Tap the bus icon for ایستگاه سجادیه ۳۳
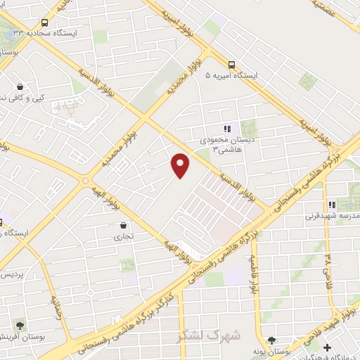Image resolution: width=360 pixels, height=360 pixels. [x=45, y=22]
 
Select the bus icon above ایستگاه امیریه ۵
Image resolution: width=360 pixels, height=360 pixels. [x=232, y=63]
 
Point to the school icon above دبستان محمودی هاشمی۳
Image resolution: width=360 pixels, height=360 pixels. [x=226, y=128]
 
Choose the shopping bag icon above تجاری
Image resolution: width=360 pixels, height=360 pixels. [x=124, y=226]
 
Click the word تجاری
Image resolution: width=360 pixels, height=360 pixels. [x=123, y=238]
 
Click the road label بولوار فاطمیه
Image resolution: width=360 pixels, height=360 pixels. [x=252, y=275]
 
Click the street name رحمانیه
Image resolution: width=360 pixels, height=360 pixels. [x=56, y=307]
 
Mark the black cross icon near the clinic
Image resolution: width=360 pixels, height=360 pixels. [x=326, y=347]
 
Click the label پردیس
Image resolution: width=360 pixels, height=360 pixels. [x=13, y=274]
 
